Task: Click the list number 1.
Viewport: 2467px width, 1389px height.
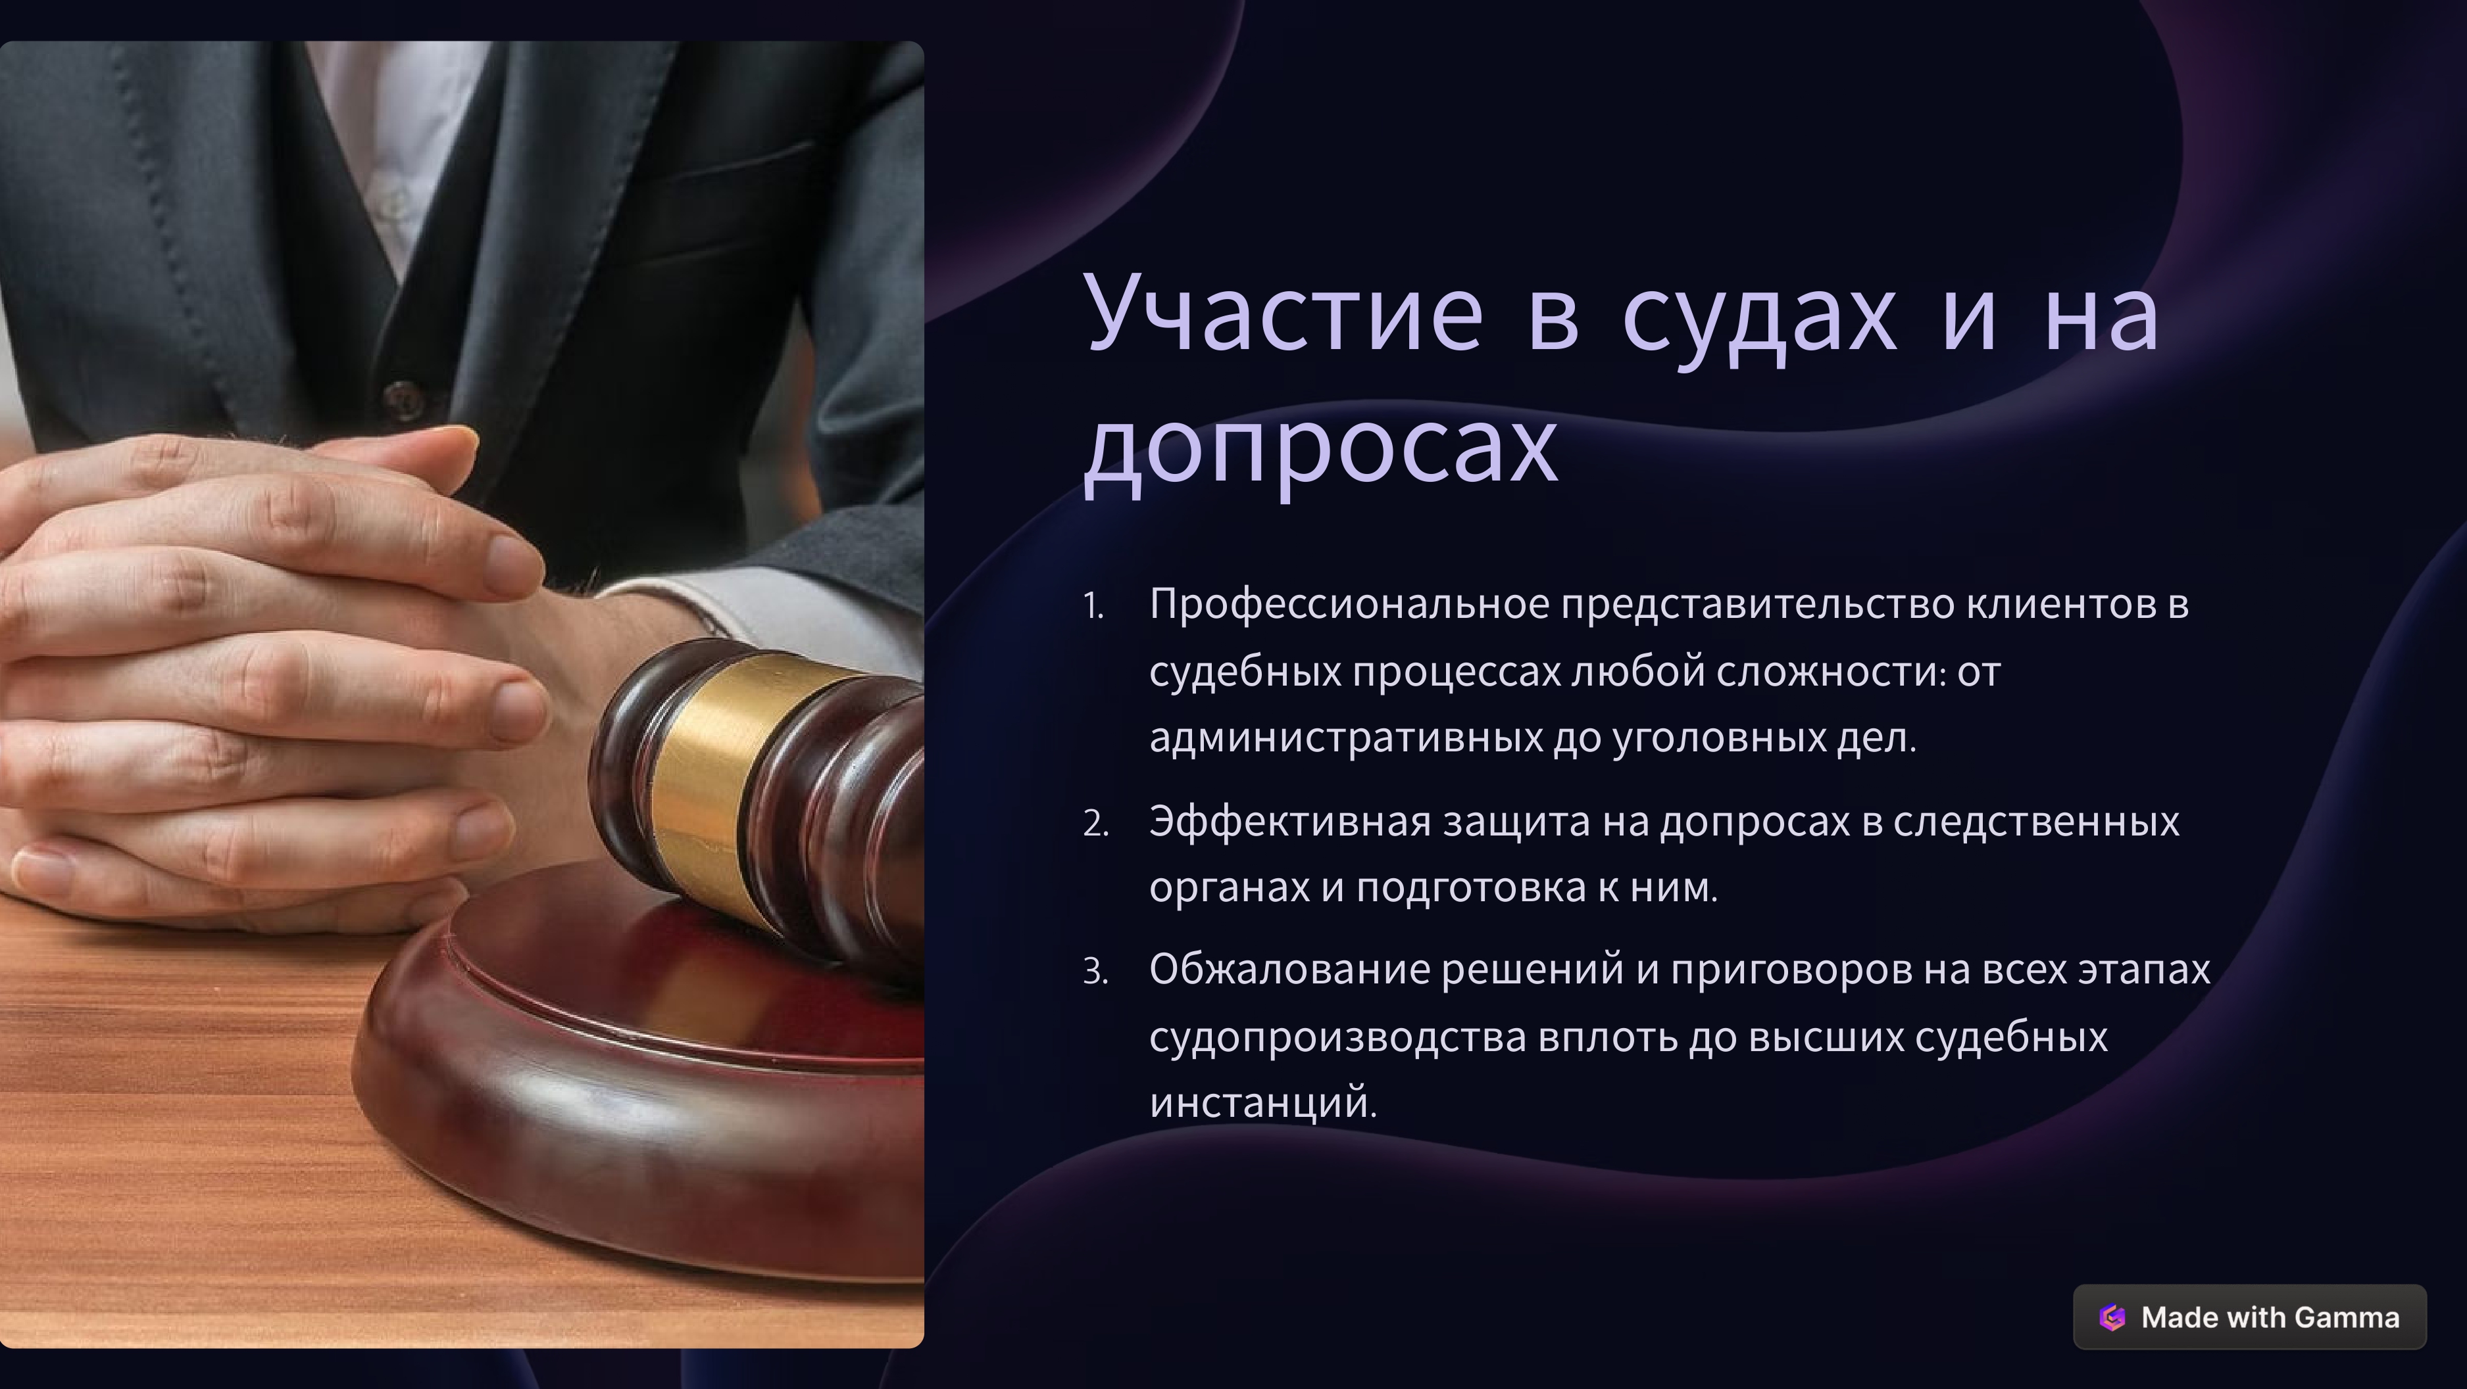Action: [x=1093, y=607]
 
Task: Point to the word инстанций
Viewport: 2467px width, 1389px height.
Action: [x=1263, y=1103]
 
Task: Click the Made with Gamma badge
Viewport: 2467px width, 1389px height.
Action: [x=2250, y=1317]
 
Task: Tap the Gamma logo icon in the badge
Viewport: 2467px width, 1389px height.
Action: [x=2112, y=1317]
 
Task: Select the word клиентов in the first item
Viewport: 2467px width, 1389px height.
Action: [x=2056, y=605]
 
